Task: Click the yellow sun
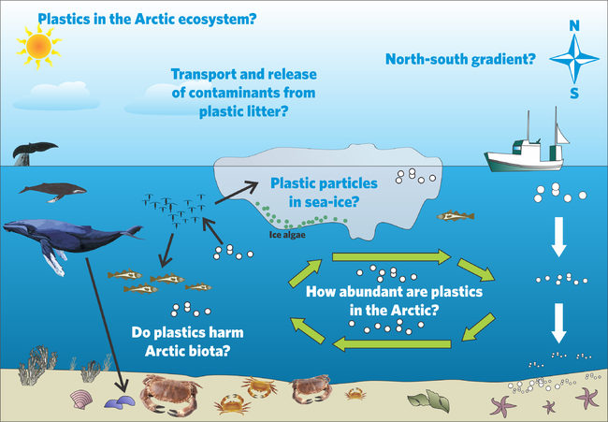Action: (x=38, y=46)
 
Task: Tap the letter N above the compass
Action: (x=574, y=25)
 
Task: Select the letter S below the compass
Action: (x=574, y=94)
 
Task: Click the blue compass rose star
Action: (x=574, y=59)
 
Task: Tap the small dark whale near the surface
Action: (x=52, y=192)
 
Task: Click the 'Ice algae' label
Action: (x=287, y=235)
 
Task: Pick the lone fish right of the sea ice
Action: (x=456, y=216)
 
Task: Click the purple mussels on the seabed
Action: (x=120, y=401)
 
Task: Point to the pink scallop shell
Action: (x=81, y=400)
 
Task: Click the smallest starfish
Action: (x=549, y=406)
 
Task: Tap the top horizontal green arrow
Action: (x=392, y=256)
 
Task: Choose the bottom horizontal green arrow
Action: (x=392, y=343)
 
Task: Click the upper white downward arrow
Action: (x=558, y=237)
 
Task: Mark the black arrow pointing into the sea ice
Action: (x=237, y=193)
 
